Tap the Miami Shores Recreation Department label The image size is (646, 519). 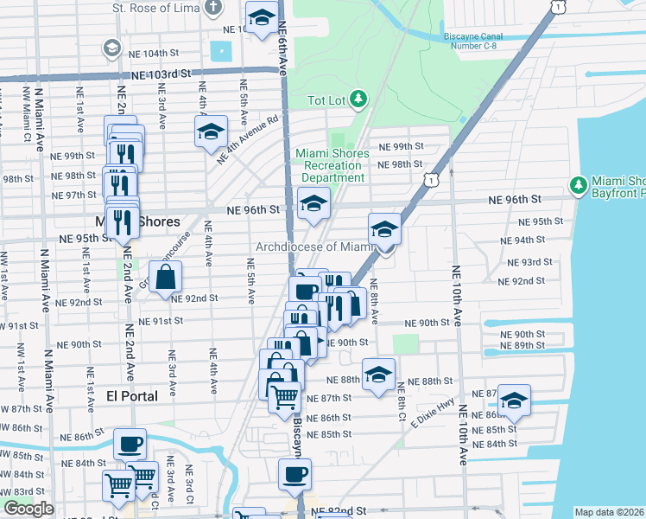pos(332,165)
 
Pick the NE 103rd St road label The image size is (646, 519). pos(161,75)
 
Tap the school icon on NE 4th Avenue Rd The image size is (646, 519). pos(211,132)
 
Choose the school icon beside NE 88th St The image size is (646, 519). pos(378,375)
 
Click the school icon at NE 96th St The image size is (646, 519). pos(313,204)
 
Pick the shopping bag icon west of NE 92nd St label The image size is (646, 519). pos(165,278)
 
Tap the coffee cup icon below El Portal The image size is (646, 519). pos(130,444)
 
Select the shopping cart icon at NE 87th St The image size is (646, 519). pos(284,398)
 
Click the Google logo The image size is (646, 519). pos(28,509)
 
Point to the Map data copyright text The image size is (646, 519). pos(610,512)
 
